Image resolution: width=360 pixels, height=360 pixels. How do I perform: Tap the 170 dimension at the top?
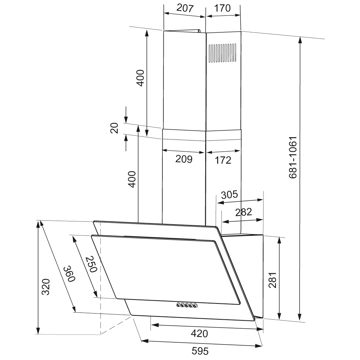point(222,8)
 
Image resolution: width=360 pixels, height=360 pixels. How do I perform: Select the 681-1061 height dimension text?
point(293,158)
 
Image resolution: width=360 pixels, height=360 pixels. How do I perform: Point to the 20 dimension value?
point(114,128)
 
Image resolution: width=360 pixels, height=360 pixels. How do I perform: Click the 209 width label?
point(184,159)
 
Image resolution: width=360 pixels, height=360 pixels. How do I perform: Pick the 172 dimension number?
point(223,160)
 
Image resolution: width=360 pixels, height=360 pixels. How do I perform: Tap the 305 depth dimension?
point(229,194)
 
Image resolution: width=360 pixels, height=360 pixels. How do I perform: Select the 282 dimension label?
point(244,212)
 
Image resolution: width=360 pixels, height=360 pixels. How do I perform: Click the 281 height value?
point(273,280)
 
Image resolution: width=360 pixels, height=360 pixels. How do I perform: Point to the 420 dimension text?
point(199,333)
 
